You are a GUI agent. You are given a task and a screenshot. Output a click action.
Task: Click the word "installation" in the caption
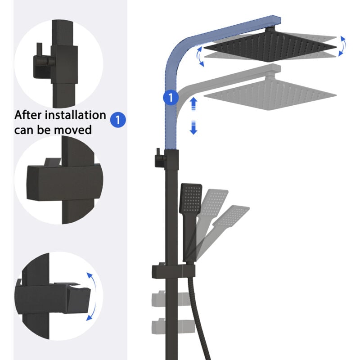click(x=75, y=115)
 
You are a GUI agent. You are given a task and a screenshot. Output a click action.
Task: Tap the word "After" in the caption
click(x=27, y=115)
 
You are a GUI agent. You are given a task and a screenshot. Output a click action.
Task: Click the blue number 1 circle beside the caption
click(x=118, y=120)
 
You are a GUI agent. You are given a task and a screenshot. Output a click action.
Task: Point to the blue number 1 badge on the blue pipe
click(x=171, y=98)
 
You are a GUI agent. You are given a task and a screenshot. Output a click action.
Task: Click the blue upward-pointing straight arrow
click(x=193, y=104)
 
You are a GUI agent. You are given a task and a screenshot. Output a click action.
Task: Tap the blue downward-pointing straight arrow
click(x=193, y=127)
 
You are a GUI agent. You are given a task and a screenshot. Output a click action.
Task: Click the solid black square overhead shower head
click(x=270, y=46)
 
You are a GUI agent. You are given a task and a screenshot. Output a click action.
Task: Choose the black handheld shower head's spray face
click(x=191, y=198)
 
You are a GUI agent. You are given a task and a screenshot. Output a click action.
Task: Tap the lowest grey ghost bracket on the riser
click(x=173, y=325)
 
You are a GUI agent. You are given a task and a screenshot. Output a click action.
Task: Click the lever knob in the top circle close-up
click(x=51, y=61)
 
